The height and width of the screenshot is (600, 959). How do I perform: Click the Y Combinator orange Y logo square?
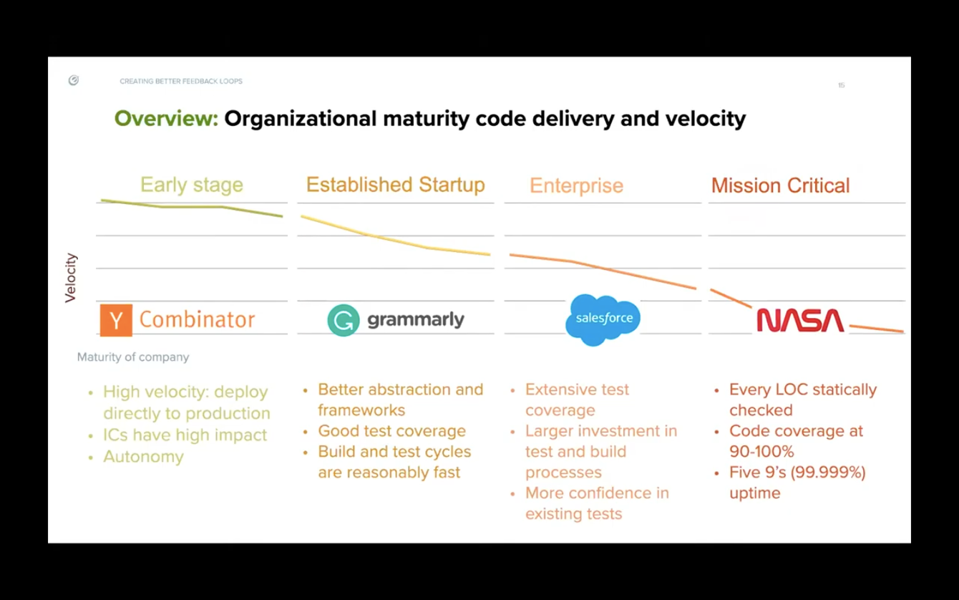[116, 320]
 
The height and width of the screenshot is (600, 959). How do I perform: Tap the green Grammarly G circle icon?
[344, 320]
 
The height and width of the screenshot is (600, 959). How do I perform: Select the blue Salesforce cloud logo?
[603, 319]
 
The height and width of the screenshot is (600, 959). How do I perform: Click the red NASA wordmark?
[800, 320]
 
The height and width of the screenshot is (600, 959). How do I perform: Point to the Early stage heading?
[192, 185]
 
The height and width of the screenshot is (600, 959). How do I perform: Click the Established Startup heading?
[395, 185]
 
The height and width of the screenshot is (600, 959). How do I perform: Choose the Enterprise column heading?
[576, 185]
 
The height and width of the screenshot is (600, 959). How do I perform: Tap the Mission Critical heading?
[780, 185]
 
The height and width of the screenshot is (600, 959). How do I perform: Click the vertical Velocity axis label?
[71, 278]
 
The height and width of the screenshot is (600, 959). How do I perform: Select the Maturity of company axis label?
[133, 357]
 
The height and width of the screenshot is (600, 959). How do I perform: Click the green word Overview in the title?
[166, 118]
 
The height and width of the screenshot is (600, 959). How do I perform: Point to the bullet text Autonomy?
[143, 457]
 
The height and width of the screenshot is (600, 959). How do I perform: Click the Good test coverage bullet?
[391, 431]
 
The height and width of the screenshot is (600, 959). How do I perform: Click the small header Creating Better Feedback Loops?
[181, 82]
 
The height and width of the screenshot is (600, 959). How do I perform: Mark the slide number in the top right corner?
[842, 85]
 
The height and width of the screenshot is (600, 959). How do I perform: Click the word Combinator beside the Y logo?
[197, 319]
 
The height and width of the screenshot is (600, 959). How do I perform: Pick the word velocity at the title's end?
[704, 118]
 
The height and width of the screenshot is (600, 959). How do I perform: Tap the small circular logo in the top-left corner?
[74, 81]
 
